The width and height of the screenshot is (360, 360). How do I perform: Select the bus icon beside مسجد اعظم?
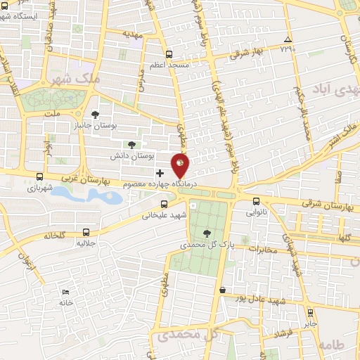tap(168, 54)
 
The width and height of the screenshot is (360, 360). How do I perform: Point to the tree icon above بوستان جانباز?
tap(96, 115)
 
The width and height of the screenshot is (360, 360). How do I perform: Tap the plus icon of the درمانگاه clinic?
tap(160, 173)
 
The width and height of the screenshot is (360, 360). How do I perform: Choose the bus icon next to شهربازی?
tap(39, 177)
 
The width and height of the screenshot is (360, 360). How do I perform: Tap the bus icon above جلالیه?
tap(86, 231)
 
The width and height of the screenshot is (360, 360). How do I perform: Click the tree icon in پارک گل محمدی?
tap(206, 233)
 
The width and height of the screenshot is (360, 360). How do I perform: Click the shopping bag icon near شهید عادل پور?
tap(223, 290)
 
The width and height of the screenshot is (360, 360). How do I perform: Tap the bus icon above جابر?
tap(310, 312)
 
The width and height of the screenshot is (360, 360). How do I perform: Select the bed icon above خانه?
tap(65, 292)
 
